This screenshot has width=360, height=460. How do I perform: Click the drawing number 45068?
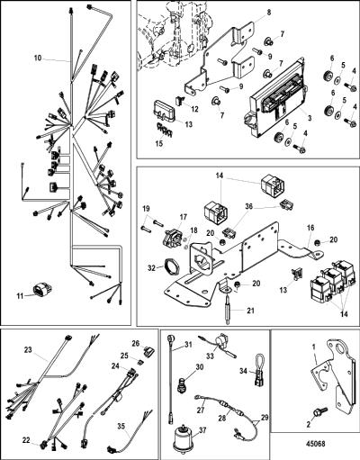point(316,444)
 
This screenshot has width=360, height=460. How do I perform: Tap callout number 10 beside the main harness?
point(38,58)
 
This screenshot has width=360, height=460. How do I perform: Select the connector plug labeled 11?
point(42,290)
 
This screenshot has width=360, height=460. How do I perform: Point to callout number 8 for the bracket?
point(268,13)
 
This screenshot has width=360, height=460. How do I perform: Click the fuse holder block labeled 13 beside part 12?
point(164,112)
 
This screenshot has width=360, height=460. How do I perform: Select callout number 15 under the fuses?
point(159,143)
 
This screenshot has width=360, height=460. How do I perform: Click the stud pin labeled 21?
point(229,308)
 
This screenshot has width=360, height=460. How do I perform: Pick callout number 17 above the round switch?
point(184,217)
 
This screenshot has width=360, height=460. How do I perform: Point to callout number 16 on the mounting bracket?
point(310,228)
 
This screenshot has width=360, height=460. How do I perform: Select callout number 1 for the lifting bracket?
point(314,347)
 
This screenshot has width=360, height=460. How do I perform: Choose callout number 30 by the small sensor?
point(200,366)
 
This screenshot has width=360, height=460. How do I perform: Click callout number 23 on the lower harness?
point(28,350)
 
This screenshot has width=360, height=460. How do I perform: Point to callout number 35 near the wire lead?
point(121,426)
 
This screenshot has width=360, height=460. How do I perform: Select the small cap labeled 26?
point(148,351)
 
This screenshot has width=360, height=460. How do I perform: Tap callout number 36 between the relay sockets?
point(249,206)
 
